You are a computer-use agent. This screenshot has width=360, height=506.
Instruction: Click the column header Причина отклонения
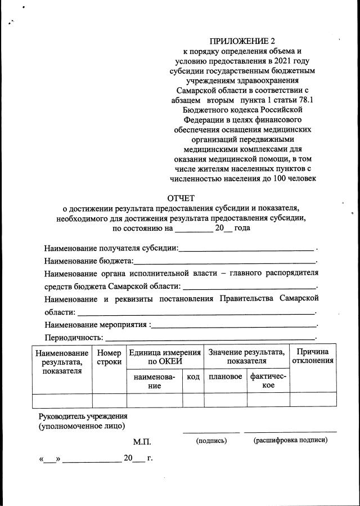coord(313,356)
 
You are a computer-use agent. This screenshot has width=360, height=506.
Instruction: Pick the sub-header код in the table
coord(193,377)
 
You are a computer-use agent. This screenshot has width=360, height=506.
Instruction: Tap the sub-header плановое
coord(225,377)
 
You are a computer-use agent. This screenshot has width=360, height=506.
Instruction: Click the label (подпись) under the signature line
coord(211,440)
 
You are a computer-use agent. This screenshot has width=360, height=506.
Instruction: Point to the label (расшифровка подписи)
coord(290,440)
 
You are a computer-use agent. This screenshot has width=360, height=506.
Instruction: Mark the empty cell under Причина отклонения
coord(313,400)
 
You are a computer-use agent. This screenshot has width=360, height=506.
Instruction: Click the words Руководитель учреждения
coord(83,417)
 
